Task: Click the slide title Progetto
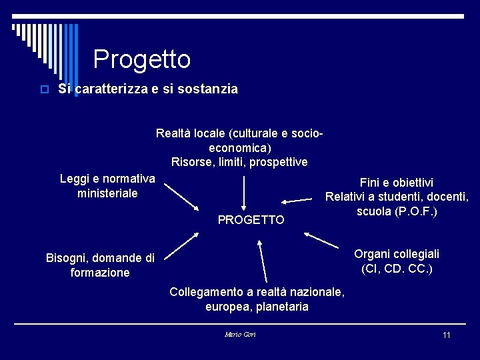tap(142, 60)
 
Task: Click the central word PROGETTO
tap(251, 220)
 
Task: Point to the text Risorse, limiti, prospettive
tap(239, 162)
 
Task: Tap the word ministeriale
tap(107, 193)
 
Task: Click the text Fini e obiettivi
tap(396, 183)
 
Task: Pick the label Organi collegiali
tap(396, 254)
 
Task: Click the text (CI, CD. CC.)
tap(396, 269)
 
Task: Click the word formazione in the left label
tap(100, 273)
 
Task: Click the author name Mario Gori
tap(240, 334)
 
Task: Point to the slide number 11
tap(447, 335)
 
